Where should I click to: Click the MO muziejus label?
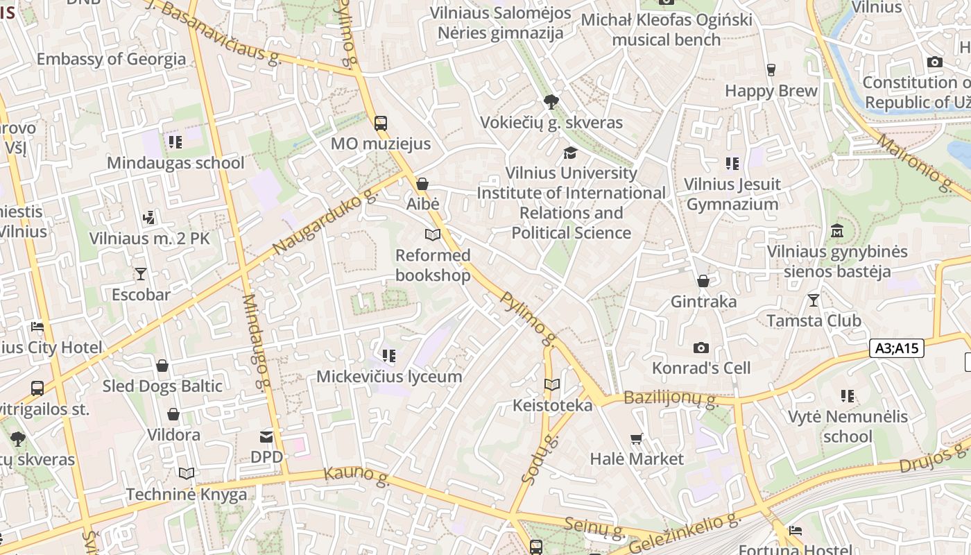click(381, 144)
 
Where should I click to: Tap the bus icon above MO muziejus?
click(381, 123)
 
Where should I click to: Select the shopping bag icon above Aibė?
click(422, 184)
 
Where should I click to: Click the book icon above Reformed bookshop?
click(433, 235)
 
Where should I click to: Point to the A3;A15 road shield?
click(897, 348)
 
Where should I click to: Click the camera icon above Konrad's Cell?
click(701, 348)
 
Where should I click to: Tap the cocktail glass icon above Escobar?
click(141, 274)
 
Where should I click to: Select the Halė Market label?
click(637, 459)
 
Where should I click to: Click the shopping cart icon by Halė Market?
click(637, 438)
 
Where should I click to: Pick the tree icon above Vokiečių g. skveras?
click(551, 103)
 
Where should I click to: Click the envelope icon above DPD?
click(266, 436)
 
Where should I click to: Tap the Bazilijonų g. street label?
click(669, 398)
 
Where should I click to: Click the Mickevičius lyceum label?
click(389, 377)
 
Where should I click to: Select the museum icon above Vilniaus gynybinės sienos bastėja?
click(837, 231)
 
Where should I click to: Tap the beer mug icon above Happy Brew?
click(771, 70)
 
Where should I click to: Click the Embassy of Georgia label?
click(111, 59)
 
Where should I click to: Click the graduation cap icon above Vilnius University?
click(571, 153)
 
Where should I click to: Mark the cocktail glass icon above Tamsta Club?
click(814, 300)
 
